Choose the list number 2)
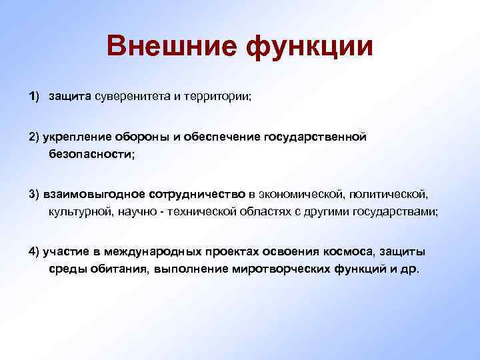tap(35, 137)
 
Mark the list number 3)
tap(35, 194)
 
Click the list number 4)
tap(35, 251)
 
